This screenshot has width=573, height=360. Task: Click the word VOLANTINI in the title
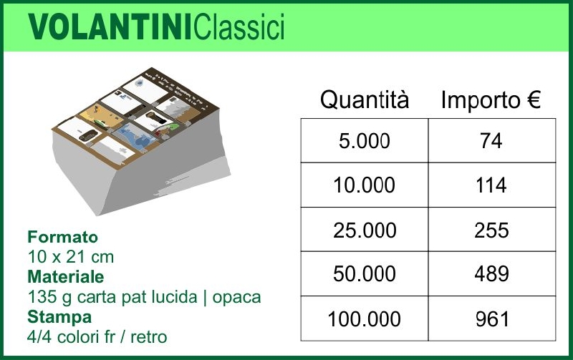pos(110,26)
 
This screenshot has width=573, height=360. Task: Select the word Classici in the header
pos(239,26)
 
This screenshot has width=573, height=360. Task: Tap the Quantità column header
pos(365,99)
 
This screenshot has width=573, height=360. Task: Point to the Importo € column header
pos(491,99)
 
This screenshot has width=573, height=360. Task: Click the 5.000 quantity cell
pos(365,140)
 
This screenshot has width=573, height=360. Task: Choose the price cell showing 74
pos(492,140)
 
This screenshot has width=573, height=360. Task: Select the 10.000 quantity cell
pos(365,185)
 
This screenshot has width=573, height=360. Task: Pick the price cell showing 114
pos(492,185)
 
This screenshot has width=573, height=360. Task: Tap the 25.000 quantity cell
pos(365,230)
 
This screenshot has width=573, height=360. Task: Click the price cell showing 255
pos(492,230)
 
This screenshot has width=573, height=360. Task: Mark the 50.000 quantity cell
pos(365,274)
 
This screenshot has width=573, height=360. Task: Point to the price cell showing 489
pos(492,274)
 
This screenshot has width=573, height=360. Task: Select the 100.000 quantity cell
pos(365,318)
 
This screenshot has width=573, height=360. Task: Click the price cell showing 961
pos(492,318)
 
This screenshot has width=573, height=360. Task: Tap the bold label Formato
pos(63,237)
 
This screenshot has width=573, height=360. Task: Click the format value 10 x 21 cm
pos(71,257)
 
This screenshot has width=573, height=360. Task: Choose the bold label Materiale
pos(66,276)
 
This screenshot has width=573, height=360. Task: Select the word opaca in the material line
pos(237,298)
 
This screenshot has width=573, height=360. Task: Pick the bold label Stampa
pos(59,317)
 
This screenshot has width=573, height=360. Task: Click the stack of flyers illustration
pos(140,140)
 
